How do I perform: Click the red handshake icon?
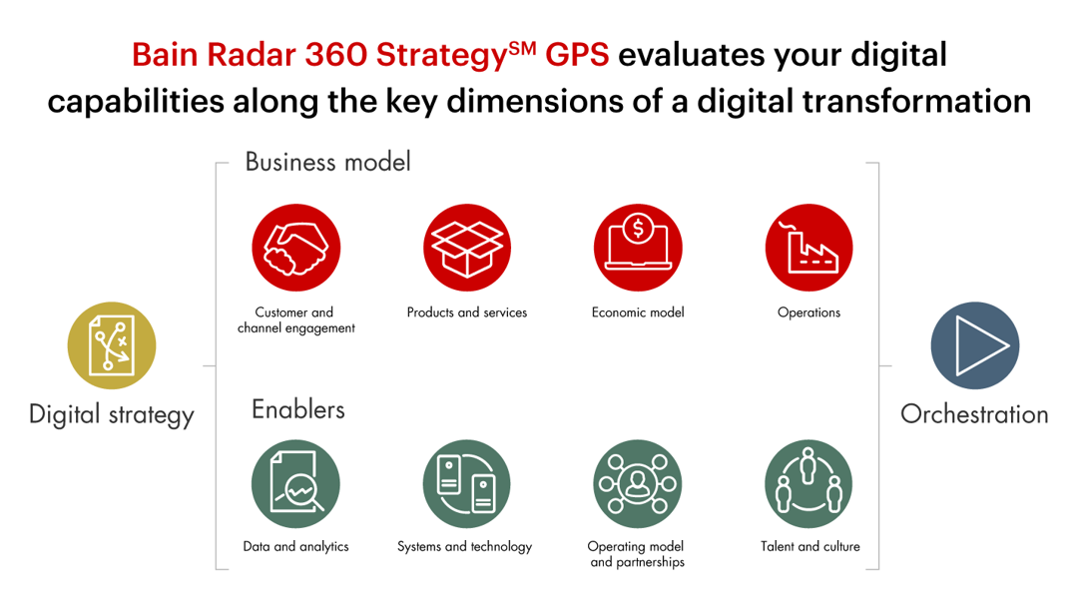tap(295, 249)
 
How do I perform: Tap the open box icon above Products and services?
tap(467, 249)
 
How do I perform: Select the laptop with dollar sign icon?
tap(638, 249)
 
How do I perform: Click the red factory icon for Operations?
tap(808, 249)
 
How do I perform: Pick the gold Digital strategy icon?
tap(112, 345)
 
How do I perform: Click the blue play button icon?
tap(974, 345)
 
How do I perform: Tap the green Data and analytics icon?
tap(295, 484)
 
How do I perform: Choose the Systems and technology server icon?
tap(467, 484)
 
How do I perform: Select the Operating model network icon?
tap(637, 484)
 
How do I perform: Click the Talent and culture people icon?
tap(808, 484)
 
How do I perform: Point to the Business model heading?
tap(327, 162)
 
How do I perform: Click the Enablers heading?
tap(297, 409)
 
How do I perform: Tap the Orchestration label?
tap(974, 414)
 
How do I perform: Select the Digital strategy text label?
tap(112, 414)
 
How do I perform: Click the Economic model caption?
tap(638, 312)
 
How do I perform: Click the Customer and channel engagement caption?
tap(295, 320)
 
